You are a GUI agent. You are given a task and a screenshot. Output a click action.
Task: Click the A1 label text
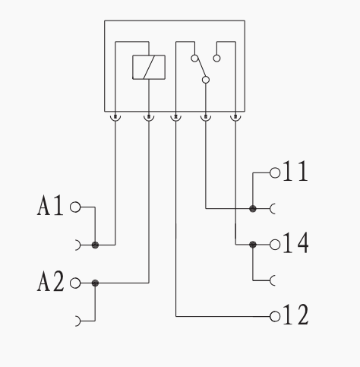[x=50, y=206]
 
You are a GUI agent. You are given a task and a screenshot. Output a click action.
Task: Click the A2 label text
[x=50, y=281]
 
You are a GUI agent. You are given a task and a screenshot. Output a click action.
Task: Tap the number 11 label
[x=295, y=171]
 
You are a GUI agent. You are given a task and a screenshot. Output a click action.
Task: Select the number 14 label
[x=295, y=243]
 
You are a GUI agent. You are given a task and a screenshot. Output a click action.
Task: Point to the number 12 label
[x=295, y=315]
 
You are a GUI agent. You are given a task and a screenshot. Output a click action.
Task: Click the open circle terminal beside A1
[x=75, y=207]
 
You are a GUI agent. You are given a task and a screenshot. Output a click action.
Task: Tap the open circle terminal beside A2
[x=75, y=283]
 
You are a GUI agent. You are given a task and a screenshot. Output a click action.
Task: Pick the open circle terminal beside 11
[x=275, y=173]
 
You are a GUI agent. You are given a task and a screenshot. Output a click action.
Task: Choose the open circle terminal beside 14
[x=275, y=245]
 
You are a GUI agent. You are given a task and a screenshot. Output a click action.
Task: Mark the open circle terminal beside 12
[x=275, y=316]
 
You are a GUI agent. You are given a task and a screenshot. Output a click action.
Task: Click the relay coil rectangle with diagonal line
[x=149, y=68]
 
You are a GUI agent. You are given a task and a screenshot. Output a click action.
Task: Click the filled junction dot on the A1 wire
[x=95, y=245]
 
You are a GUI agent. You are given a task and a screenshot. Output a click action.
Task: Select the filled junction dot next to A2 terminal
[x=95, y=283]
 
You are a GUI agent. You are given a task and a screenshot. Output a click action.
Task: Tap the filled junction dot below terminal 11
[x=253, y=209]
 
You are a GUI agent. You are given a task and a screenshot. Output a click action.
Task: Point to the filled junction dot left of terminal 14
[x=253, y=245]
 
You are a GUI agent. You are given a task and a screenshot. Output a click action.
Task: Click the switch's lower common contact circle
[x=206, y=80]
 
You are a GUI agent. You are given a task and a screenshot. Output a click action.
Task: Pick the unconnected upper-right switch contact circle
[x=216, y=59]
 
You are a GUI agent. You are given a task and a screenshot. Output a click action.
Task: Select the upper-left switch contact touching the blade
[x=194, y=59]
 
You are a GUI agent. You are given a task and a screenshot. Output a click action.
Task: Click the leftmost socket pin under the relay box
[x=115, y=118]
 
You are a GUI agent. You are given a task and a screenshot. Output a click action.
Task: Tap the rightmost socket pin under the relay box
[x=235, y=118]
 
